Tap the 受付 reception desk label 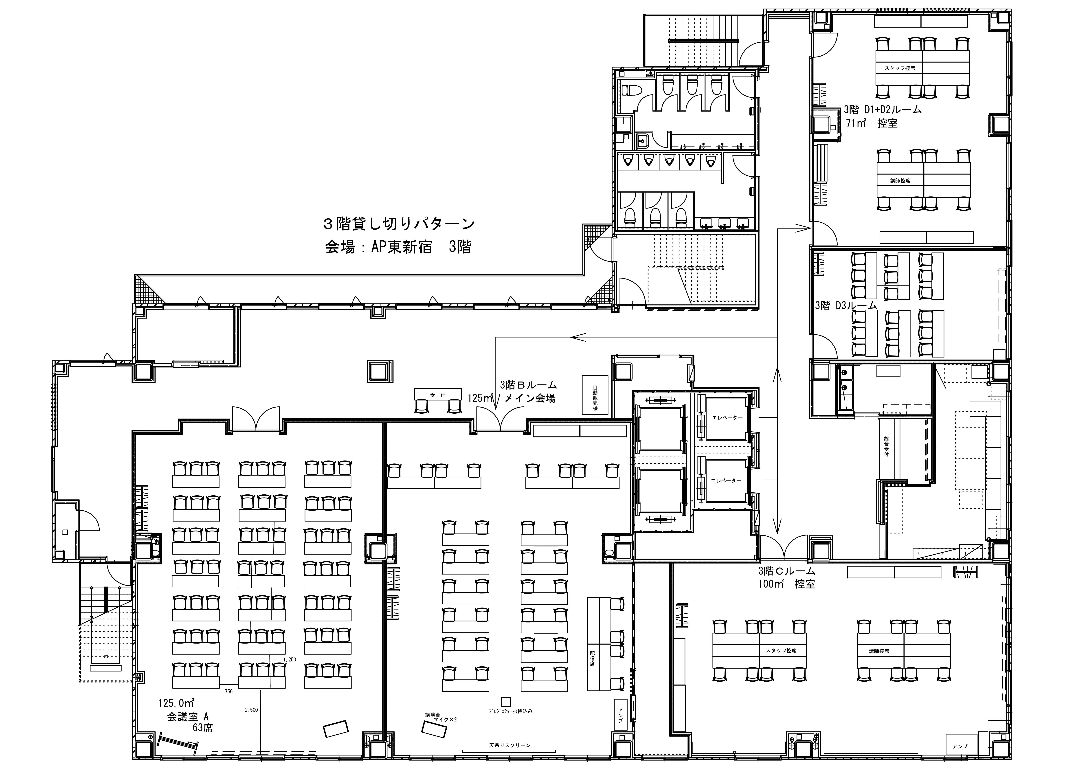click(x=438, y=394)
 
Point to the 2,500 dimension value click(x=251, y=710)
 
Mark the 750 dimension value click(x=229, y=691)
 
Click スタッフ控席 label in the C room click(x=781, y=651)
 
